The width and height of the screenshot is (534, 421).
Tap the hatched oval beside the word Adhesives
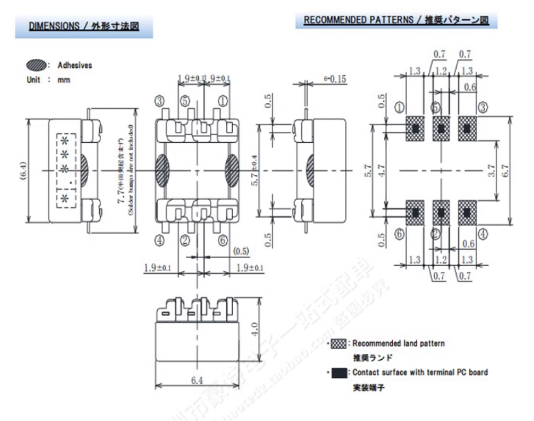(x=36, y=66)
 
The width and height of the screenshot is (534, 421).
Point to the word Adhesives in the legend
(x=75, y=66)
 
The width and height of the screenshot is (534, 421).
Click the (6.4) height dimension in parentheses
(x=21, y=171)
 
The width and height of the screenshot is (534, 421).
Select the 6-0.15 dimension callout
(x=332, y=79)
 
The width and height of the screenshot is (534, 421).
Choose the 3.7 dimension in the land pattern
(x=491, y=171)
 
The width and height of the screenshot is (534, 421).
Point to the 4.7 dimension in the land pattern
(x=382, y=171)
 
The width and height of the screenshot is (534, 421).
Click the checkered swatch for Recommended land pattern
(x=340, y=344)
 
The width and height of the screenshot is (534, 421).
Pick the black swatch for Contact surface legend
(x=340, y=372)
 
